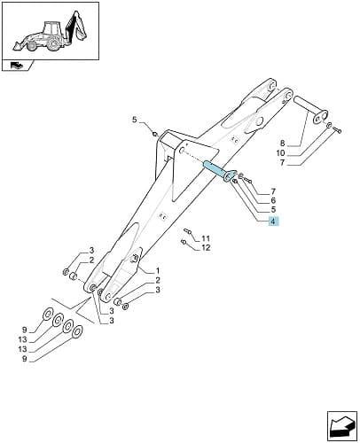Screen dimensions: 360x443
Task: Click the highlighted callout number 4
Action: click(x=273, y=221)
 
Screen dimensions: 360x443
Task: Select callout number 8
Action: click(x=283, y=144)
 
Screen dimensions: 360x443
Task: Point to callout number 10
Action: click(x=281, y=153)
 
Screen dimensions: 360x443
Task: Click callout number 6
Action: click(x=273, y=200)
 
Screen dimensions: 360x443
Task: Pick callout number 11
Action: click(x=206, y=238)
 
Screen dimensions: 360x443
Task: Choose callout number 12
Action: click(x=206, y=247)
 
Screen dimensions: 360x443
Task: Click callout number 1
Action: click(x=158, y=270)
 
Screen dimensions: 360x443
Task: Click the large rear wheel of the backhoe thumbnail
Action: click(x=53, y=43)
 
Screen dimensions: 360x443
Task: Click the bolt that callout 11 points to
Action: click(x=187, y=231)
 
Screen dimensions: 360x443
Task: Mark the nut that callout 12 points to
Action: click(x=184, y=243)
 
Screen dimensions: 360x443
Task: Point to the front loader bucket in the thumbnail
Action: click(x=17, y=45)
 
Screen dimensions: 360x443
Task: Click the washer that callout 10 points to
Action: click(x=329, y=126)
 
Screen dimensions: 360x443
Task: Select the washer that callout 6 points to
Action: click(x=241, y=176)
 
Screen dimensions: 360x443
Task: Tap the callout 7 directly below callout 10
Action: click(x=282, y=162)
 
